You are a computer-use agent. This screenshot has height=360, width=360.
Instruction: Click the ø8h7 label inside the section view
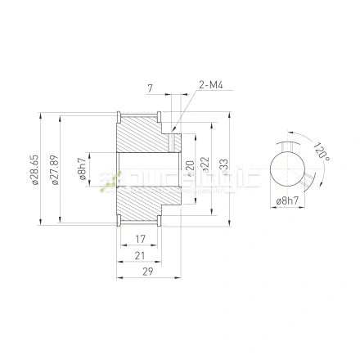(x=81, y=170)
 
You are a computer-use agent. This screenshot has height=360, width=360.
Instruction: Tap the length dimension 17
(x=140, y=240)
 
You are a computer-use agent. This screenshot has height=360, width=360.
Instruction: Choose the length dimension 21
(x=140, y=256)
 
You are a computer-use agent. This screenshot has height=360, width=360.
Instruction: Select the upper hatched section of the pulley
(x=143, y=131)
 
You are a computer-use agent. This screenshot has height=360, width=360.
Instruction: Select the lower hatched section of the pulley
(x=143, y=208)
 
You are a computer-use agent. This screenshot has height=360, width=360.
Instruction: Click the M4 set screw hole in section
(x=173, y=141)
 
